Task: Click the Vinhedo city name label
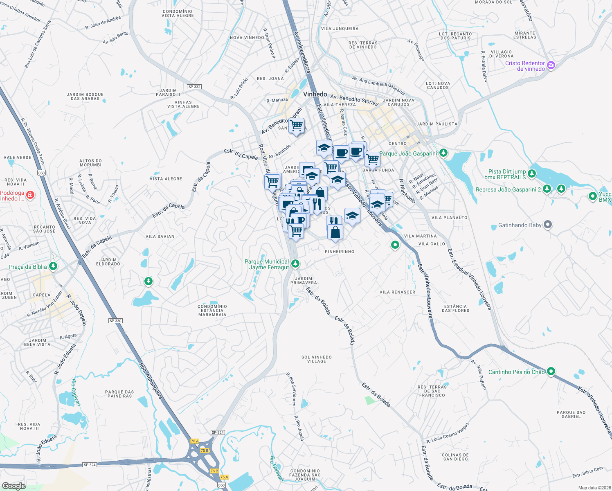[315, 94]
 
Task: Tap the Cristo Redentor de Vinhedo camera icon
[551, 65]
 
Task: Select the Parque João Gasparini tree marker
[443, 153]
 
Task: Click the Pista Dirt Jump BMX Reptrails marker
[532, 174]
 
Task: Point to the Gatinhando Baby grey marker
[548, 225]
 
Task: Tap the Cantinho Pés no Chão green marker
[551, 372]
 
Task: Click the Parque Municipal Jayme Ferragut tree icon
[295, 264]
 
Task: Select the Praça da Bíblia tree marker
[53, 266]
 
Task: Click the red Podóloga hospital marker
[30, 195]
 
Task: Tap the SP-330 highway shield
[116, 321]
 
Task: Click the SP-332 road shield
[194, 87]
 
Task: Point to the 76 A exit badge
[195, 441]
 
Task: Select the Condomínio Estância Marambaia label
[212, 311]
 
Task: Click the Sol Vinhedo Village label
[317, 359]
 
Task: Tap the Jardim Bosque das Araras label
[85, 97]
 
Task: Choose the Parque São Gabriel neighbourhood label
[571, 414]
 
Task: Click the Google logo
[13, 486]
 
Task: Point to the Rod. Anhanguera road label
[151, 381]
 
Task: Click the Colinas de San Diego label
[455, 457]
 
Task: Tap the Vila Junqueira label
[340, 29]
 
